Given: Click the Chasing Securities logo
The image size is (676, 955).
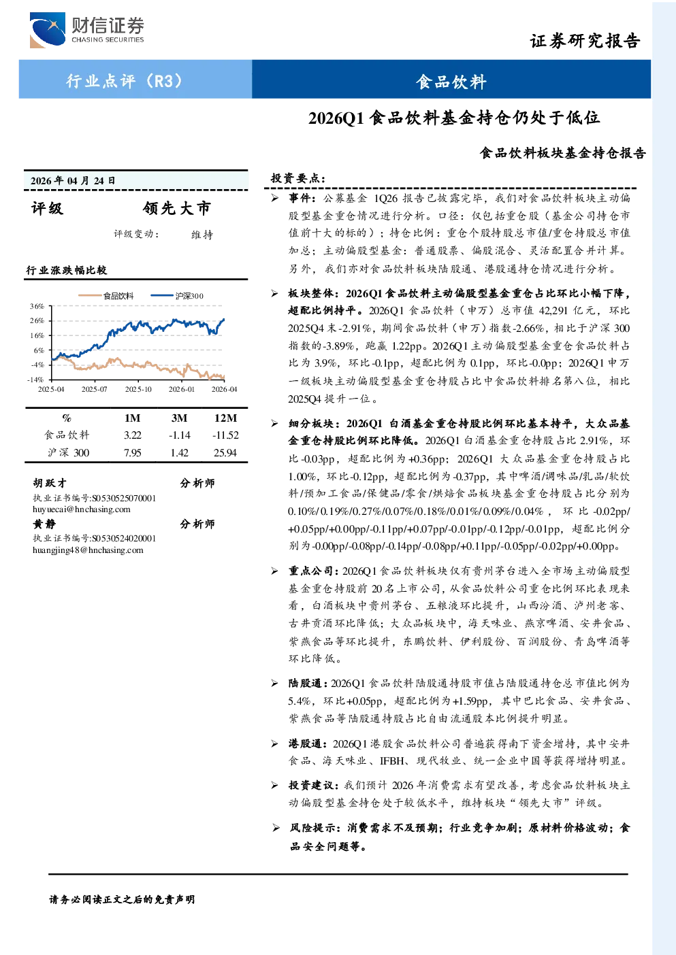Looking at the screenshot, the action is coord(87,30).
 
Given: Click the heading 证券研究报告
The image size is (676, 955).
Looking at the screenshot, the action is coord(585,41).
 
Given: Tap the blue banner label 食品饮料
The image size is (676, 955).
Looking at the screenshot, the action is coord(451,82).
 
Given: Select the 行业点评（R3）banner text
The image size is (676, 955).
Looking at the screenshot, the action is coord(125,80).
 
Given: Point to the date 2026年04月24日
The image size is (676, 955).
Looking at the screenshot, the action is coord(73,181).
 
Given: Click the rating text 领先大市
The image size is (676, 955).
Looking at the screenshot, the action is coord(177,208).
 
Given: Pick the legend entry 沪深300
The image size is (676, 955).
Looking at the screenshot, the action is coord(177,295).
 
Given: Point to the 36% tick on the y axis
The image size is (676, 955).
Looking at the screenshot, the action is coord(37,306).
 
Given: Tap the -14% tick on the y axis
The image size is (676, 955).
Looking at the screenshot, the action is coord(35,380).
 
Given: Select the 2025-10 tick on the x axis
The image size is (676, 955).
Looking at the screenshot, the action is coord(138,389).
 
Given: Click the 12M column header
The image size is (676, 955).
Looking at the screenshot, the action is coord(225,418).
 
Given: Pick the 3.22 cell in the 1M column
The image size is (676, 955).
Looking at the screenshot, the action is coord(132,435).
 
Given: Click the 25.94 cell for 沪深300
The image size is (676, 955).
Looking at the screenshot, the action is coord(225,453).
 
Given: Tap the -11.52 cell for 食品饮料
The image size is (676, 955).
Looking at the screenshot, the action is coord(225,435).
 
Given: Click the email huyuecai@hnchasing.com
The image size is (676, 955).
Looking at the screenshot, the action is coord(82,509).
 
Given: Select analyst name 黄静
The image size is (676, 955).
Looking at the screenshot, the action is coord(44,524).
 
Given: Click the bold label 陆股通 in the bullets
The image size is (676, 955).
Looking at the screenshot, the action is coord(305,683).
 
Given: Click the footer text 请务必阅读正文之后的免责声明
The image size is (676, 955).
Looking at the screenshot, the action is coord(122,899).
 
